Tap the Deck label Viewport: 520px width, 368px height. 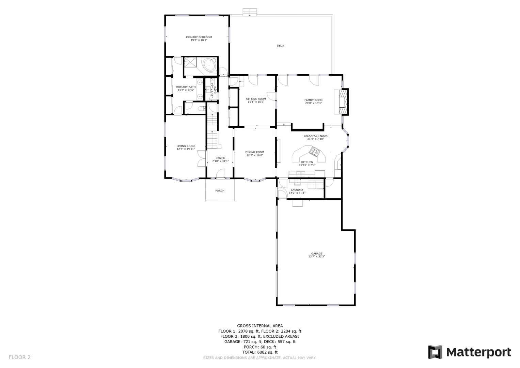[280, 46]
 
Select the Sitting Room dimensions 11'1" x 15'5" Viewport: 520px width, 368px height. [256, 102]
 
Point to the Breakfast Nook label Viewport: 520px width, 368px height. [315, 136]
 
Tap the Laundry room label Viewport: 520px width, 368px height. [297, 190]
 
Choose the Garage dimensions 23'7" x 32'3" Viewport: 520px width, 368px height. [316, 257]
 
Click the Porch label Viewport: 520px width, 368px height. [220, 190]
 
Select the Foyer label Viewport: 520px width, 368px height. [220, 158]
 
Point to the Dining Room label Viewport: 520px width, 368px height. [255, 152]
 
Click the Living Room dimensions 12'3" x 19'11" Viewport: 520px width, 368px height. [186, 149]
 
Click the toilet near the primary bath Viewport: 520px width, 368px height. [201, 109]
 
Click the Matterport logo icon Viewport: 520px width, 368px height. [435, 352]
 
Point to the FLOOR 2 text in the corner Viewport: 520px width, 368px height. [19, 357]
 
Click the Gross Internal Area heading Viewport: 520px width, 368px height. [260, 326]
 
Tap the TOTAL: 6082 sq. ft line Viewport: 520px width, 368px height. [260, 352]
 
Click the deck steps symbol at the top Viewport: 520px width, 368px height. [250, 12]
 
